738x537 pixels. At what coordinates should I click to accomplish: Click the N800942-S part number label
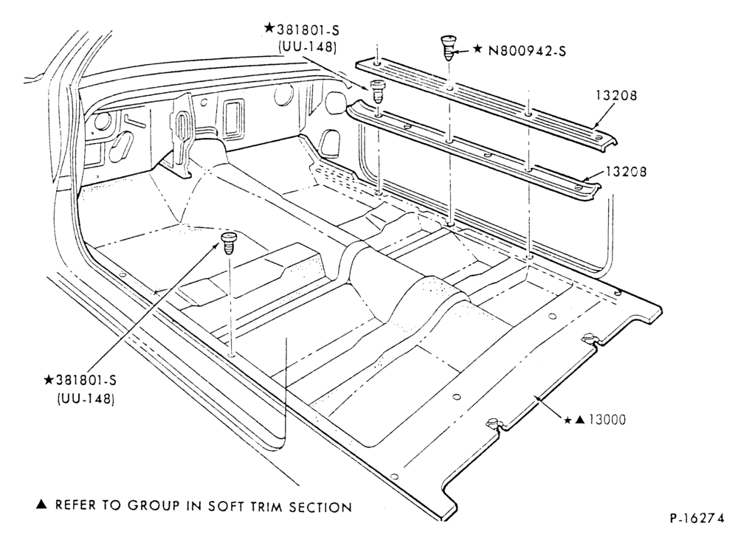(527, 50)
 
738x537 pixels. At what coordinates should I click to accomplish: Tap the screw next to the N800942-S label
(447, 47)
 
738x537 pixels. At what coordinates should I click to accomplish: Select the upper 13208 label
(616, 95)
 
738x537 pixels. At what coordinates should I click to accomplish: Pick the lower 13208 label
(626, 171)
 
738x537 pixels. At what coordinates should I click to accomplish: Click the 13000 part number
(607, 420)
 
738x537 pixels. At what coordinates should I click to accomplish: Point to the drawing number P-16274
(697, 518)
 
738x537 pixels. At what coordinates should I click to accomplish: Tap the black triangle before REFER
(42, 505)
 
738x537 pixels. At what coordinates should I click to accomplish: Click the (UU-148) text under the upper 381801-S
(307, 47)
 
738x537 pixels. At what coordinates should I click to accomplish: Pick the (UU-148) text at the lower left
(86, 399)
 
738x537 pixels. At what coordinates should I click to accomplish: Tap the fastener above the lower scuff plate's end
(376, 91)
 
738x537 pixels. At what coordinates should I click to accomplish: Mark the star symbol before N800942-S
(477, 49)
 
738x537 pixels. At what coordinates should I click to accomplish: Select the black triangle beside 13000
(581, 420)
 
